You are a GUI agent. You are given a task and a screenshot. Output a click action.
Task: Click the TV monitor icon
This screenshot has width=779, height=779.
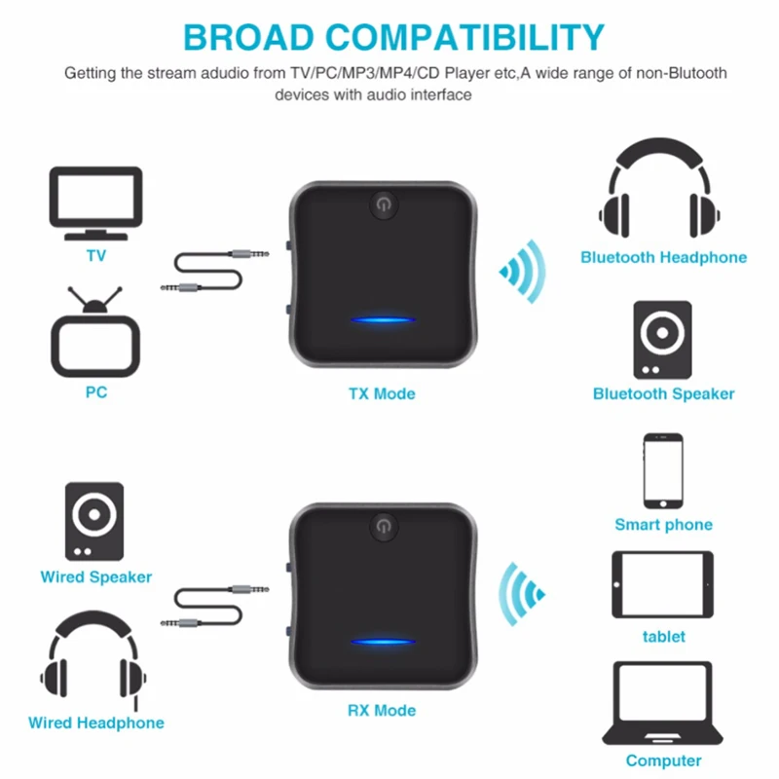click(95, 203)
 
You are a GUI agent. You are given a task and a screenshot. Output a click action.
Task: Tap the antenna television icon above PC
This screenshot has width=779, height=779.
click(95, 336)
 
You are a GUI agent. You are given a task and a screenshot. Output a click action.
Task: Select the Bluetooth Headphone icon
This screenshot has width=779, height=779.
click(663, 192)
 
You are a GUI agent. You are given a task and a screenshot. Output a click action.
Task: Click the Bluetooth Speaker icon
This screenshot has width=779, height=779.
click(663, 340)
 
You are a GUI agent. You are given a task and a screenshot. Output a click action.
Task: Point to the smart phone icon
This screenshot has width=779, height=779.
click(662, 469)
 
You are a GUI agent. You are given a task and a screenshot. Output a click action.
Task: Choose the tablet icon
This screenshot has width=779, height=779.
click(662, 583)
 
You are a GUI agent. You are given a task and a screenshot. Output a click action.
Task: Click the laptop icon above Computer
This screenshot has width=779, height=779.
click(663, 705)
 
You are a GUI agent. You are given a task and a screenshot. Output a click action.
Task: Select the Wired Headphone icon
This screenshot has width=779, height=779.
click(95, 663)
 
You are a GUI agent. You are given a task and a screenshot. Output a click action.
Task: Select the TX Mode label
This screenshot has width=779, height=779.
click(381, 394)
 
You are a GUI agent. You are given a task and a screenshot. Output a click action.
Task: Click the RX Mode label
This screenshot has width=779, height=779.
click(381, 710)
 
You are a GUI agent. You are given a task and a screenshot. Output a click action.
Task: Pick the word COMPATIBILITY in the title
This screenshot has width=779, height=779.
click(477, 37)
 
